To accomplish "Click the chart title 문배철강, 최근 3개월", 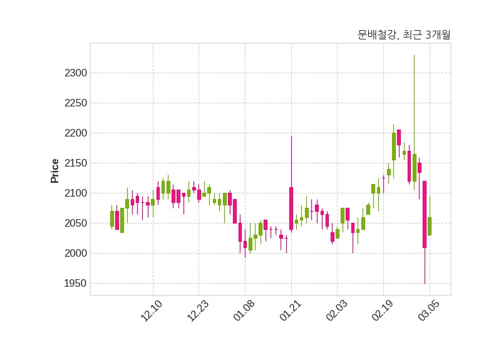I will (x=404, y=35).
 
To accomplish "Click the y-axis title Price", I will (x=54, y=171).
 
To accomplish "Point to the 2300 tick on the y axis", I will (x=76, y=73).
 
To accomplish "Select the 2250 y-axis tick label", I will (x=76, y=103).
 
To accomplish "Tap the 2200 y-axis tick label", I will (x=76, y=133).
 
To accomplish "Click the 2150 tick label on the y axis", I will (x=76, y=163).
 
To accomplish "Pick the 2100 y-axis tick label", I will (x=76, y=193).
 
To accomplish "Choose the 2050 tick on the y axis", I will (x=76, y=224).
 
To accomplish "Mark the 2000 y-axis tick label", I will (x=76, y=254).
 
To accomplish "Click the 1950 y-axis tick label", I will (x=76, y=284).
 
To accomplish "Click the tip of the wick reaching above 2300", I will (x=414, y=55).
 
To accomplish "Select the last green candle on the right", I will (x=430, y=226).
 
